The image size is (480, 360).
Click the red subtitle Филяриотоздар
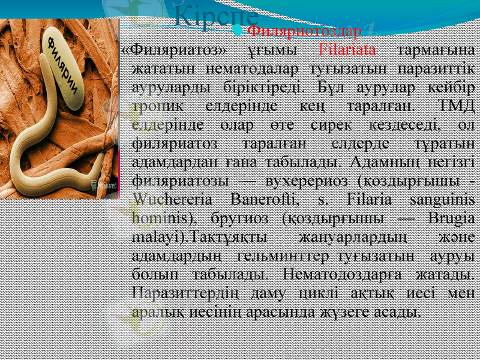pos(304,30)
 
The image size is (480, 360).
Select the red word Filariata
pos(348,49)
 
